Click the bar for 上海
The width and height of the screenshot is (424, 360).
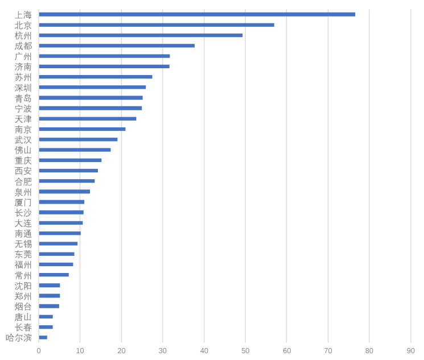[197, 14]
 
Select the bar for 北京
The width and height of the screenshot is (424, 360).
[157, 25]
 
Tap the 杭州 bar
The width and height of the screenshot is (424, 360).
[141, 35]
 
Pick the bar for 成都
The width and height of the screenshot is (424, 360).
[117, 45]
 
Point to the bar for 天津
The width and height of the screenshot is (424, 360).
[88, 118]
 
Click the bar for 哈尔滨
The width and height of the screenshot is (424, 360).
[43, 337]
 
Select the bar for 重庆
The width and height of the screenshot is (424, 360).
[70, 160]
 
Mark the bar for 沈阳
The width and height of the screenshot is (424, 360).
[50, 285]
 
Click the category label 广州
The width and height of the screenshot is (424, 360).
[23, 56]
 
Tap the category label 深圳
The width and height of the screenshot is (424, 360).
[23, 88]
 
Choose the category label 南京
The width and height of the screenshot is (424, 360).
[23, 129]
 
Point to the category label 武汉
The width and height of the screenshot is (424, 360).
[23, 139]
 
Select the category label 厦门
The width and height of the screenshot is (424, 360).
[23, 202]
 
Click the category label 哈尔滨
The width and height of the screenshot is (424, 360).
[19, 337]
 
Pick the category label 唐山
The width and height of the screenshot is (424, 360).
[23, 317]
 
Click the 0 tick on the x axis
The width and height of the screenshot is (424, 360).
[39, 351]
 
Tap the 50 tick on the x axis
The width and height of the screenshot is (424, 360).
[245, 351]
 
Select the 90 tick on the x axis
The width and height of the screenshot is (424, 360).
[411, 351]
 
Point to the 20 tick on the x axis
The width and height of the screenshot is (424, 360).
[121, 351]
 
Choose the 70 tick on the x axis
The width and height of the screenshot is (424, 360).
[328, 351]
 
